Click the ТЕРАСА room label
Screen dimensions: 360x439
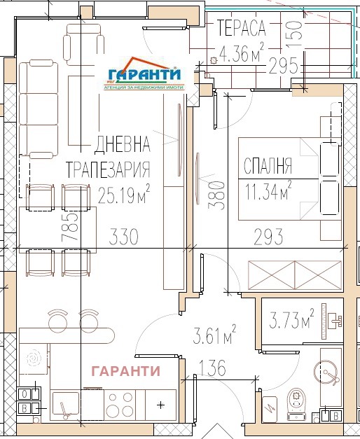[241, 28]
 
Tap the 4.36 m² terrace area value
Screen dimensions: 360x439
[241, 53]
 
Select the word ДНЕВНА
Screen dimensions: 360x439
[122, 144]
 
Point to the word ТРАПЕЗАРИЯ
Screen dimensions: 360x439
[108, 169]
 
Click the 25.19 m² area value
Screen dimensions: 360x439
[124, 194]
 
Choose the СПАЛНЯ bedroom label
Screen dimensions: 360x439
[268, 166]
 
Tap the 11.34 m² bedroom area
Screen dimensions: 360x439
[268, 190]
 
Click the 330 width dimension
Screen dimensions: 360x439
[123, 237]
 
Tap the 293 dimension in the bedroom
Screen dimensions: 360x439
[268, 237]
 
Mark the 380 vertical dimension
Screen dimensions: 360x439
[216, 195]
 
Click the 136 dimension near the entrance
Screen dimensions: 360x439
[212, 368]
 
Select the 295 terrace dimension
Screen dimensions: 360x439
[283, 66]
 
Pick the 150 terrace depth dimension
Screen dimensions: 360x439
[295, 34]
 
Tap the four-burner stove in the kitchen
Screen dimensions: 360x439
[120, 405]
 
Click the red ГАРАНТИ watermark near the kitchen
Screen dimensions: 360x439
[126, 371]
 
